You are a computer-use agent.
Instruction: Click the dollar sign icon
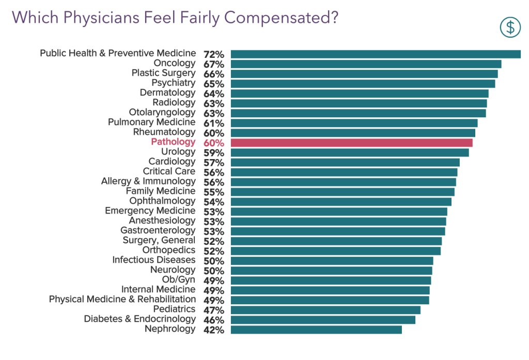point(510,27)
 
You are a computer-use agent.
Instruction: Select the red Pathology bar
point(351,143)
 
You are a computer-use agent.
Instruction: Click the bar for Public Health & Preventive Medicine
point(376,54)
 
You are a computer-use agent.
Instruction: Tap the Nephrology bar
point(316,330)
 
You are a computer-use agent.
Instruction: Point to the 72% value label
point(213,54)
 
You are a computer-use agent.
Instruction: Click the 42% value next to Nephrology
point(213,330)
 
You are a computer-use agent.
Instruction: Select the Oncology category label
point(175,64)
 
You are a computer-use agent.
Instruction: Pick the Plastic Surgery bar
point(364,74)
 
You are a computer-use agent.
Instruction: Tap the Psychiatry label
point(173,83)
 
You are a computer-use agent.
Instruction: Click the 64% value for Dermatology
point(213,93)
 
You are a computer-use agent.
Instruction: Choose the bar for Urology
point(350,152)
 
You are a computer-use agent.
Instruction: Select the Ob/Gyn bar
point(331,280)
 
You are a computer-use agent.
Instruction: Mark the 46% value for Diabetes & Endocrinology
point(213,320)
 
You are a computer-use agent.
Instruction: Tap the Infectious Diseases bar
point(332,261)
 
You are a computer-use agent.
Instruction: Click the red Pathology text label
point(173,142)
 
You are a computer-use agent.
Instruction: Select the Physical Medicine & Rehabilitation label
point(122,299)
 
